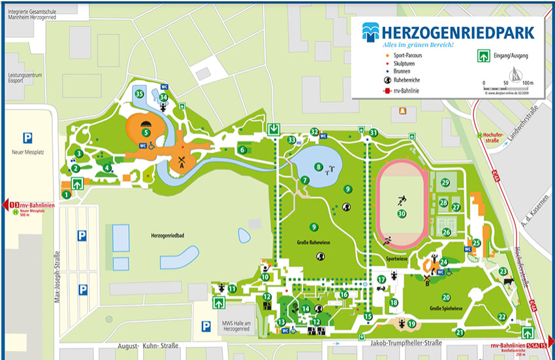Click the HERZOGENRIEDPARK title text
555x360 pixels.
pyautogui.click(x=457, y=33)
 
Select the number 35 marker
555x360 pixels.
pyautogui.click(x=139, y=94)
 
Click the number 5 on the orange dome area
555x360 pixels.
pyautogui.click(x=146, y=132)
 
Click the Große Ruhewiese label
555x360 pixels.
pyautogui.click(x=314, y=242)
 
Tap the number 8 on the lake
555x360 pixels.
pyautogui.click(x=319, y=167)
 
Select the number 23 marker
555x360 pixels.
pyautogui.click(x=503, y=272)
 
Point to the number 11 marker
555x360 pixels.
pyautogui.click(x=232, y=289)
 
